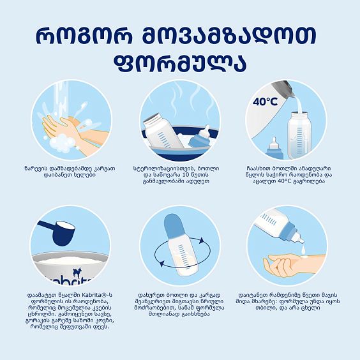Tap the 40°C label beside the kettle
(265, 101)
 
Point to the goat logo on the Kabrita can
(76, 273)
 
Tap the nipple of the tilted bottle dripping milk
(299, 238)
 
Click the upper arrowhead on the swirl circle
(201, 241)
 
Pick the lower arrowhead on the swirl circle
(162, 263)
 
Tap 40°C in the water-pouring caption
(284, 181)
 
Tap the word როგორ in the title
(84, 36)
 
